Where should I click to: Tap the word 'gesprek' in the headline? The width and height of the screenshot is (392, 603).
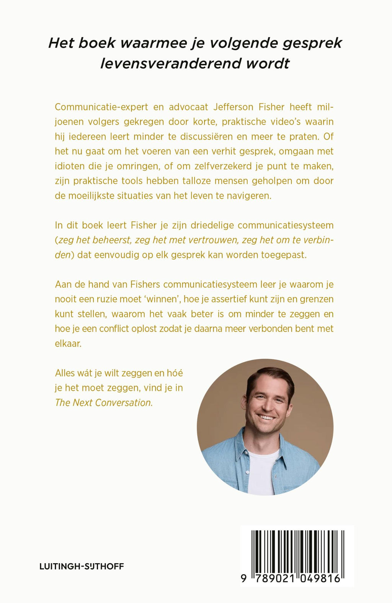tap(312, 43)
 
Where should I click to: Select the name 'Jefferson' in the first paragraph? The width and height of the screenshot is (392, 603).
tap(234, 107)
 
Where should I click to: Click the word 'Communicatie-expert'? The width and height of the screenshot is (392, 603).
tap(101, 107)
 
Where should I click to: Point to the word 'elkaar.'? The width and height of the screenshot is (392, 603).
tap(68, 343)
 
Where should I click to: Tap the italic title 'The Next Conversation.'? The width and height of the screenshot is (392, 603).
tap(104, 403)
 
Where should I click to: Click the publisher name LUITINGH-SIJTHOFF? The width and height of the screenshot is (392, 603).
tap(82, 566)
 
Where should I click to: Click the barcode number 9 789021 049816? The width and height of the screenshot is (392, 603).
tap(291, 579)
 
